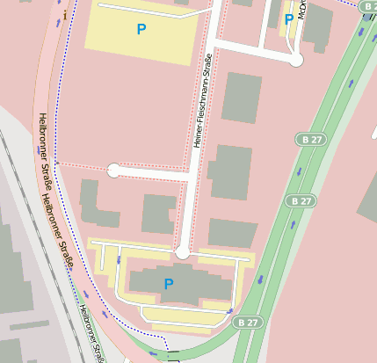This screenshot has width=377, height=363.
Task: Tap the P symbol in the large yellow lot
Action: click(141, 30)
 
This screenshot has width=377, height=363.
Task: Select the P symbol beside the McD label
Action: click(288, 18)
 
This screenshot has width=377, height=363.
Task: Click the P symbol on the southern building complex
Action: click(169, 284)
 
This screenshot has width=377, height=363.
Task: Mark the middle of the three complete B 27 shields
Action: click(301, 201)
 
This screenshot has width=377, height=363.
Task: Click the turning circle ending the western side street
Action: click(113, 171)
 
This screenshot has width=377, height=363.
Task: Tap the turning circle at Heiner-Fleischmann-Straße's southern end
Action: click(182, 253)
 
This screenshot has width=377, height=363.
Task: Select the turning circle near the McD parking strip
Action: click(296, 60)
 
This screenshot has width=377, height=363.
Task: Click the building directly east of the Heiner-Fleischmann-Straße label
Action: click(242, 98)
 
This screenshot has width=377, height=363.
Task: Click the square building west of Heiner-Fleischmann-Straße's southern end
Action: click(159, 214)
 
